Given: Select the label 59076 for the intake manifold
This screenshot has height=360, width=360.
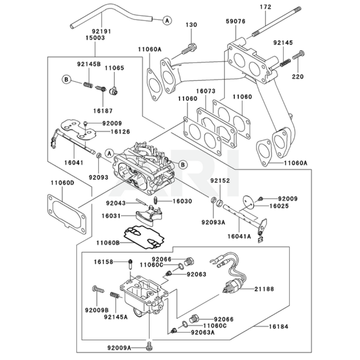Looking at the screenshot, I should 236,22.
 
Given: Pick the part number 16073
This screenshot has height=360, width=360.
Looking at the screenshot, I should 206,92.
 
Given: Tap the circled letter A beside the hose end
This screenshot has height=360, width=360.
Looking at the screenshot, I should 167,21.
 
